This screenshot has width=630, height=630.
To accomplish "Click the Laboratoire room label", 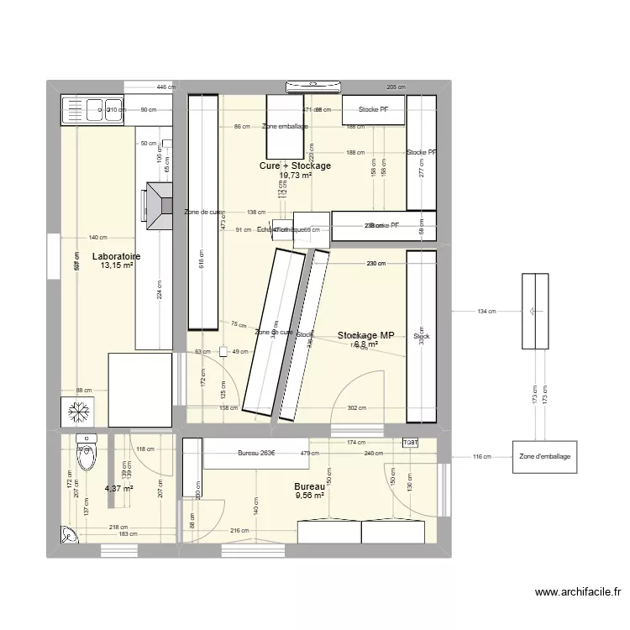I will pos(116,256).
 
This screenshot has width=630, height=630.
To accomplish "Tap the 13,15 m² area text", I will pos(117,265).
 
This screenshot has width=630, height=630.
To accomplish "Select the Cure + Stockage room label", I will pos(295,165).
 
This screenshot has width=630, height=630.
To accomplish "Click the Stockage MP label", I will pos(365,335).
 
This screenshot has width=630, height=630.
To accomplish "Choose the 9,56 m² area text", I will pos(309,496).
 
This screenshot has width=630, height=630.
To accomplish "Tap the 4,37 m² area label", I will pos(118,488).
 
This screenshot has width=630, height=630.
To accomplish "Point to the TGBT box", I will pos(411,443).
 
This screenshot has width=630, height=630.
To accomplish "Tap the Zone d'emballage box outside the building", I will pos(544,456).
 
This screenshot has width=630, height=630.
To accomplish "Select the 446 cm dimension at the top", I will pos(166,87).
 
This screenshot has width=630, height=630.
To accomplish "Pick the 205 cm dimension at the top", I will pos(395,87).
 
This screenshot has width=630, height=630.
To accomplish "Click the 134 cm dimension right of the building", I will pos(487,312).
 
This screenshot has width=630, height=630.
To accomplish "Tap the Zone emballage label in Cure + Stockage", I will pos(285,127).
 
